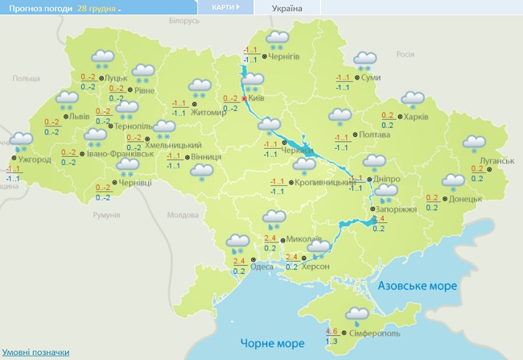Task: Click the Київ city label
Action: (257, 97)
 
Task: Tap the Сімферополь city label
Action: (374, 333)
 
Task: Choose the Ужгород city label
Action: (35, 159)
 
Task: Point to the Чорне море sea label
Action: (268, 344)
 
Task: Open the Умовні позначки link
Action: (35, 353)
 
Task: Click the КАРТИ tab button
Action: (224, 6)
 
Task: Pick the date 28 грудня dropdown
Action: (100, 7)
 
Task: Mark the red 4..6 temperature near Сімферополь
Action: (332, 331)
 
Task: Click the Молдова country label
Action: (182, 215)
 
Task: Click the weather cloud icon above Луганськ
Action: (475, 143)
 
